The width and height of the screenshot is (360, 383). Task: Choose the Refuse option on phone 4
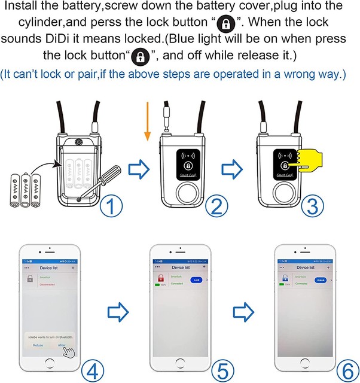coord(37,345)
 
